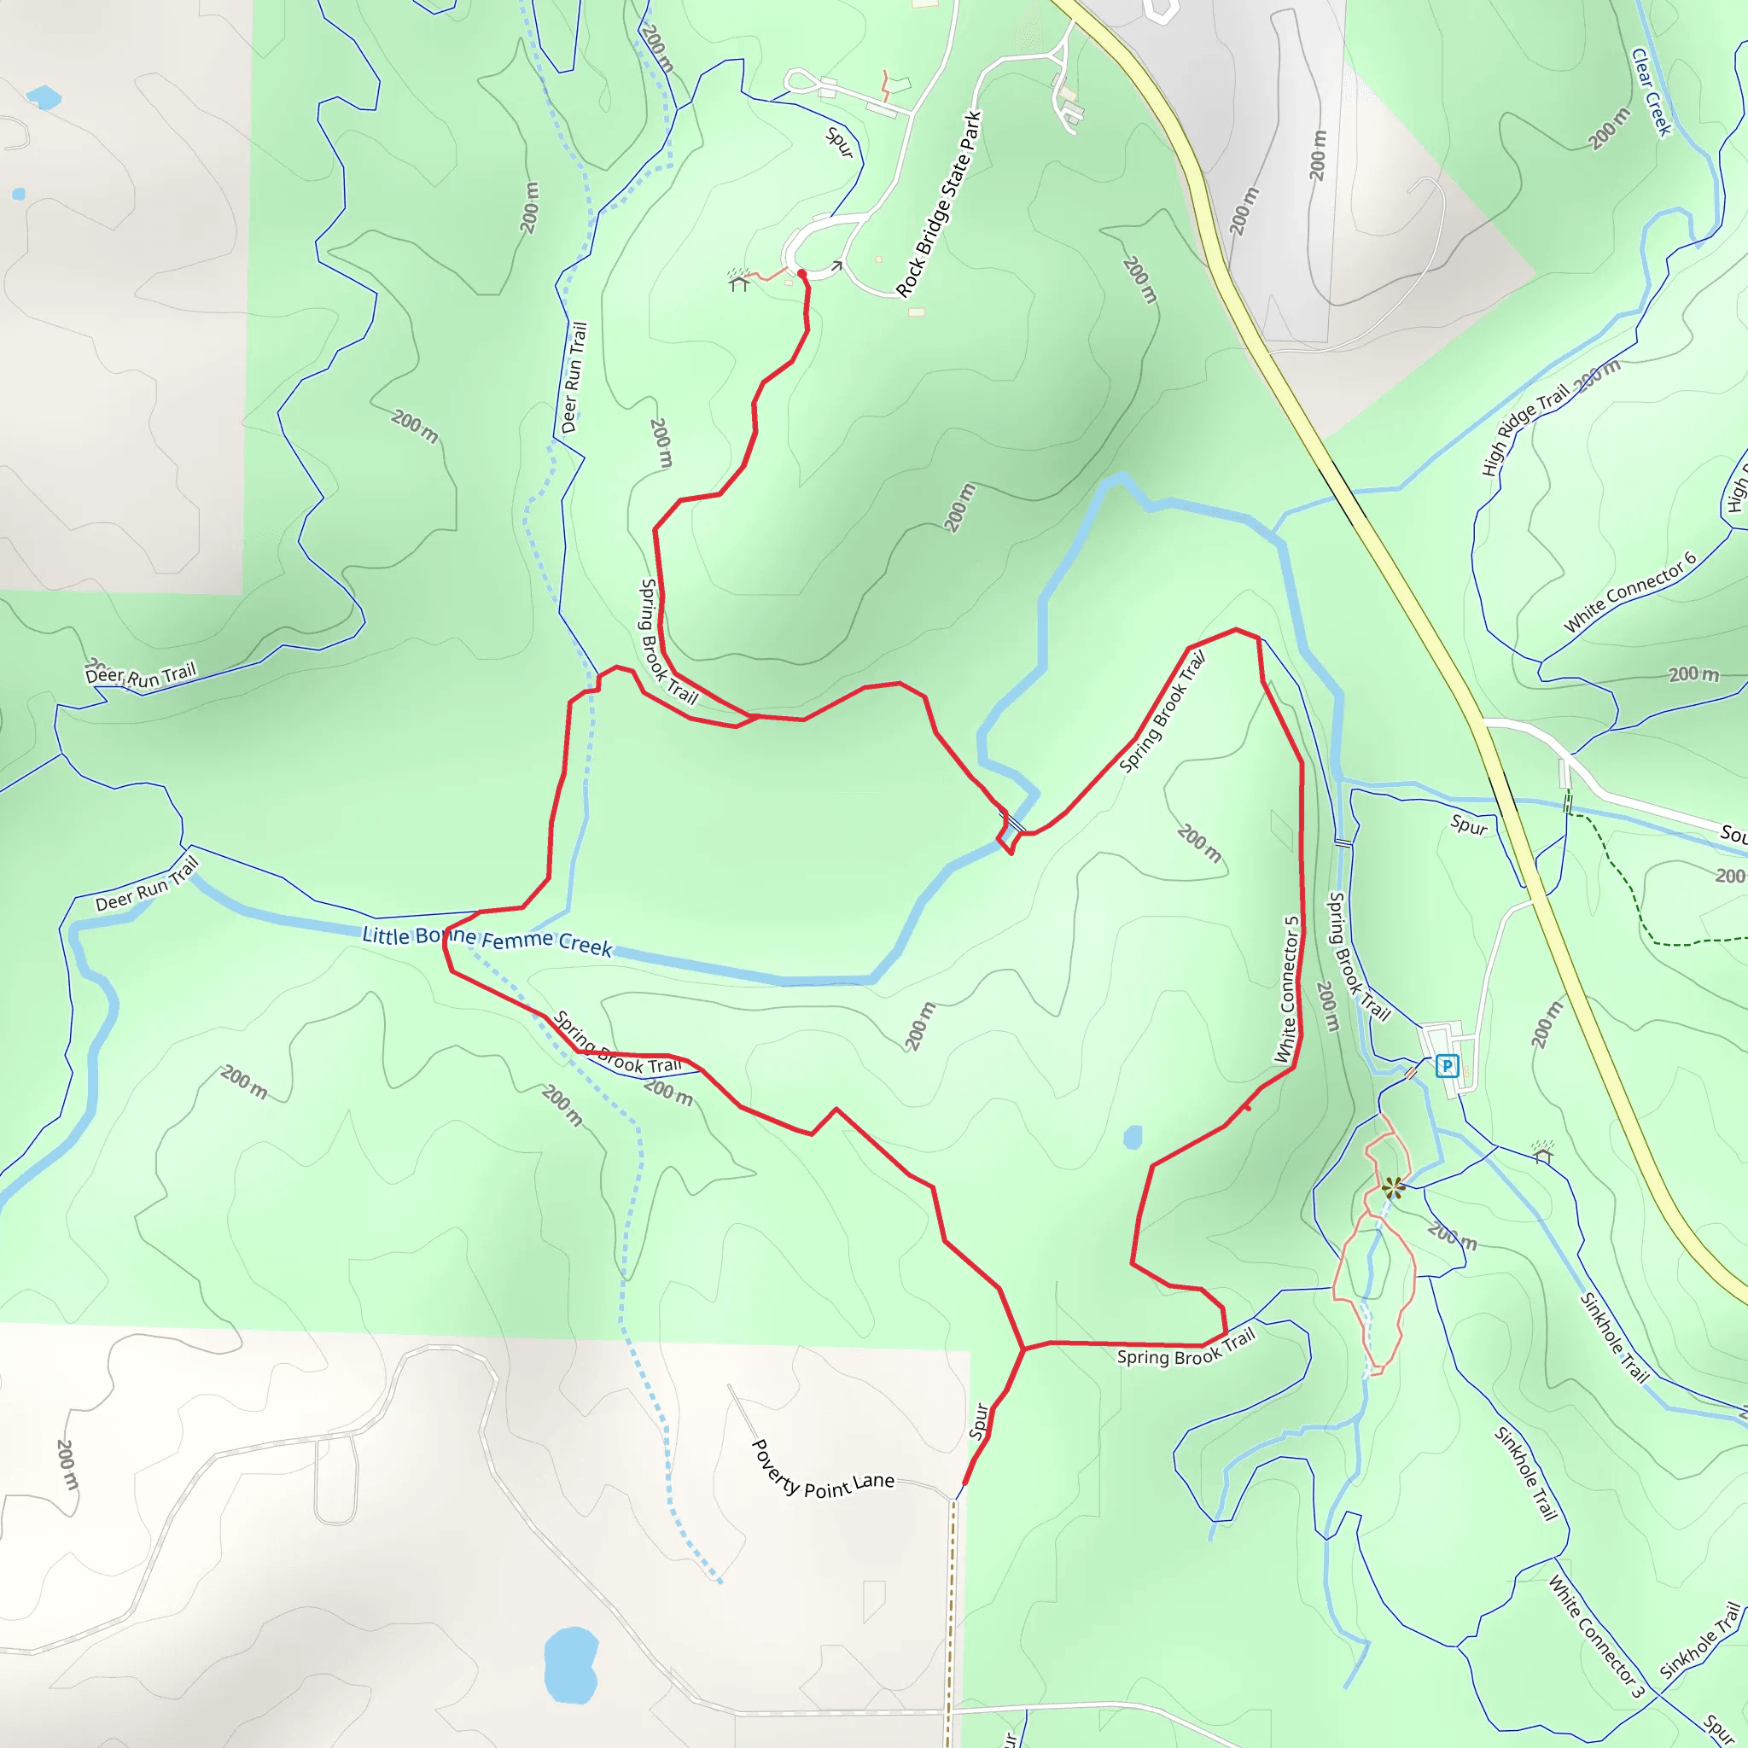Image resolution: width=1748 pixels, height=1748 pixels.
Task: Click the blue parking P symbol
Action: point(1447,1066)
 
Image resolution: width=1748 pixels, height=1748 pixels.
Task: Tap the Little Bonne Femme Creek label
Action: point(487,940)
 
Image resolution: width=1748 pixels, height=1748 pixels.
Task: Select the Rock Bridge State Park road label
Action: point(939,204)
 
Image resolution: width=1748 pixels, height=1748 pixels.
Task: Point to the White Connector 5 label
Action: point(1286,989)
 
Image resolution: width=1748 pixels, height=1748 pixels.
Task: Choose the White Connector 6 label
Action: point(1629,591)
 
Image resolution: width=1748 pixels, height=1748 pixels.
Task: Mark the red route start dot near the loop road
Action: point(801,273)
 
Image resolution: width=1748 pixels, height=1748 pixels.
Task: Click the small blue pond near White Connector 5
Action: point(1132,1137)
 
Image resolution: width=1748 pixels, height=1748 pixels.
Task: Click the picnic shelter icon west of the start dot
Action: point(739,281)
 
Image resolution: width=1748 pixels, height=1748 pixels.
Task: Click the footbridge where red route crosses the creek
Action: point(1011,824)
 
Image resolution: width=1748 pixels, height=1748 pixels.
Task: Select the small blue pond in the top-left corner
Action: point(43,96)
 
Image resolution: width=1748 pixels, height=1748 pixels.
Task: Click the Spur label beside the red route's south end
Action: point(978,1421)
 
